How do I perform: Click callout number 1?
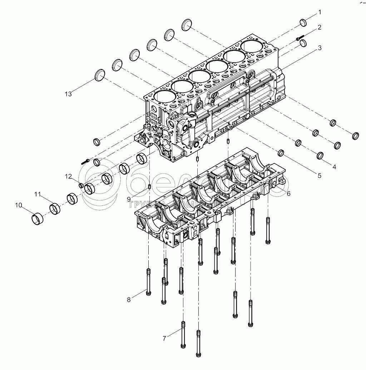(x=320, y=12)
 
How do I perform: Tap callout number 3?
(x=320, y=48)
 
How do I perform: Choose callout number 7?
(x=165, y=338)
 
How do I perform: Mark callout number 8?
(x=129, y=300)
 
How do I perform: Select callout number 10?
(x=19, y=205)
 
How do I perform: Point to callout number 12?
(x=68, y=176)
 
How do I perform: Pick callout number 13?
(x=68, y=94)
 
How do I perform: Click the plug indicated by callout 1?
(x=303, y=23)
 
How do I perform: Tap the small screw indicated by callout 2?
(x=299, y=37)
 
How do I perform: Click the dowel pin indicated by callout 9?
(x=149, y=186)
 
